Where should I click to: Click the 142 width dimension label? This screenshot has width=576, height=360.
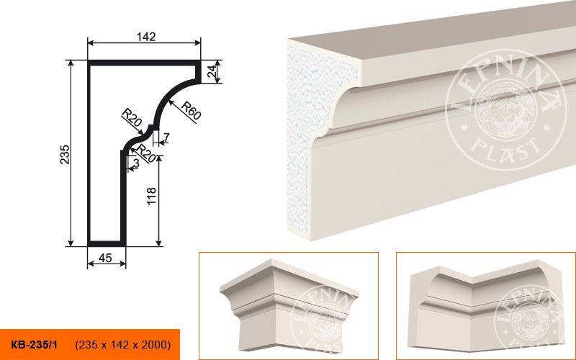[x=146, y=37]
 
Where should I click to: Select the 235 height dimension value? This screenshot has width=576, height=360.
[x=65, y=154]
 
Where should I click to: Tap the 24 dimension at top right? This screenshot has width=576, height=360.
[x=211, y=71]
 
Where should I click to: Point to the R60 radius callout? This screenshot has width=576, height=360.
[x=191, y=110]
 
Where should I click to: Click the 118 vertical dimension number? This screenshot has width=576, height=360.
[x=151, y=196]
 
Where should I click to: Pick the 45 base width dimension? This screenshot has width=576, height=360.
[x=105, y=258]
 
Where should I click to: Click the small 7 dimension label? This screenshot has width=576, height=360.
[x=166, y=138]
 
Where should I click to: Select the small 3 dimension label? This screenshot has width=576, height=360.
[x=136, y=163]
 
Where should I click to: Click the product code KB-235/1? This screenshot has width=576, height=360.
[x=34, y=345]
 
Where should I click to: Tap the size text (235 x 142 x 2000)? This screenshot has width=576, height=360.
[x=123, y=345]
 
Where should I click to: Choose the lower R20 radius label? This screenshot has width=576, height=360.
[x=146, y=154]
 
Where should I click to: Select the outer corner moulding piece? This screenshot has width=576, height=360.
[x=289, y=304]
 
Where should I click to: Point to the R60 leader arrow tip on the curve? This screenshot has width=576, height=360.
[x=170, y=101]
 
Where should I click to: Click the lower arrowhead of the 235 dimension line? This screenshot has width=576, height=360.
[x=71, y=243]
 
